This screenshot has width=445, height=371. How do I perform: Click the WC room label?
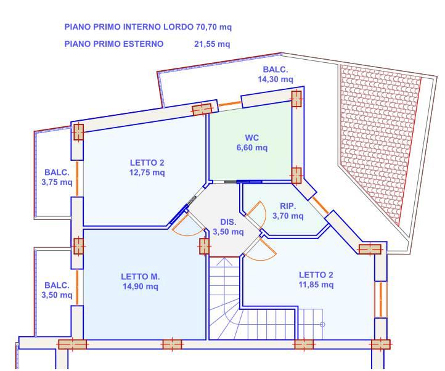point(251,138)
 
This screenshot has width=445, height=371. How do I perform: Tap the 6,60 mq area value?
point(252,148)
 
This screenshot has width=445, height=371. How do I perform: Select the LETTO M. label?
point(140,277)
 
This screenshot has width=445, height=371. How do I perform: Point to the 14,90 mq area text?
point(140,287)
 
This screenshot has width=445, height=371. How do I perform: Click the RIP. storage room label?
point(288,206)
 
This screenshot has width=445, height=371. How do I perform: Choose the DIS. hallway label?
point(228,222)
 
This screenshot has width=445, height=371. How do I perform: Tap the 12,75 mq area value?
point(147,173)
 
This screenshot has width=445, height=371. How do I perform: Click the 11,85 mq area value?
point(316,285)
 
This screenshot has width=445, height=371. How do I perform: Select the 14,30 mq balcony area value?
point(276,79)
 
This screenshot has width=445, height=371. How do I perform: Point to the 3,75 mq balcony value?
point(57,182)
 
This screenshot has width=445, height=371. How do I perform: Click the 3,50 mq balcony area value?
point(57,295)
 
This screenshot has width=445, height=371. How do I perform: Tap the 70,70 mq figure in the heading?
point(214,27)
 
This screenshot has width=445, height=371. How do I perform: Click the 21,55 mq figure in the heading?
point(212,44)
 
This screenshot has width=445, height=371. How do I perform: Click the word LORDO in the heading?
point(178,27)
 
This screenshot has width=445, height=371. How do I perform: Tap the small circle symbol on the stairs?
point(322,324)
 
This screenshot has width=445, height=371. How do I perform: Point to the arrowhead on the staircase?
point(224,261)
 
